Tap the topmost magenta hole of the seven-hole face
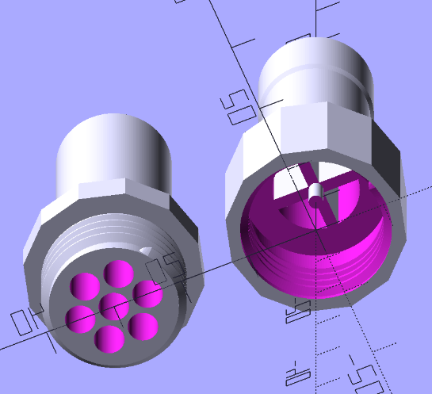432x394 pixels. (x=118, y=273)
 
